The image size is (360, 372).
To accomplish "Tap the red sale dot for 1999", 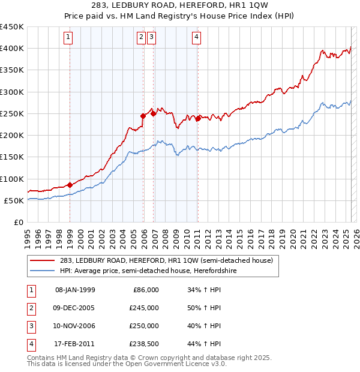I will [x=70, y=185].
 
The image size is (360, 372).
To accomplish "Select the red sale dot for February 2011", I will [x=198, y=119].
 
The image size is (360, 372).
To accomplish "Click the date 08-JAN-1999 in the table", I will [x=75, y=290].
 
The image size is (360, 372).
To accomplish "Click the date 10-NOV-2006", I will [x=75, y=326].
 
